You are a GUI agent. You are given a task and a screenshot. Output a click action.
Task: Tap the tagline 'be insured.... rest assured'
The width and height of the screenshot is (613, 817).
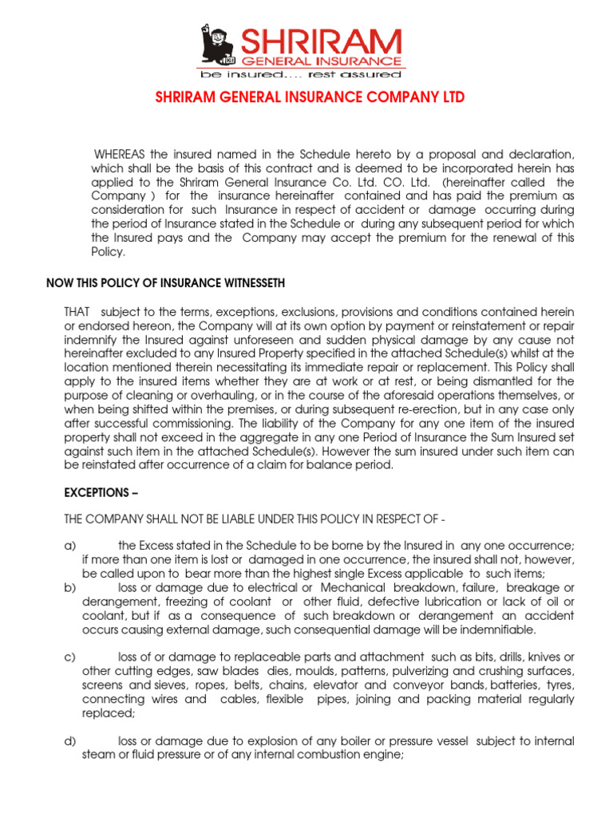301,74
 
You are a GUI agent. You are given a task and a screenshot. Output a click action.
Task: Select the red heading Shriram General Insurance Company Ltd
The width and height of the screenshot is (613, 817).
308,97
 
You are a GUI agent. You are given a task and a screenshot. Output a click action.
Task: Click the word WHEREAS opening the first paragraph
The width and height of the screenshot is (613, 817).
121,153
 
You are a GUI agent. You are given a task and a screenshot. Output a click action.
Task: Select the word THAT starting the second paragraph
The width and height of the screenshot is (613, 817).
77,311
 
